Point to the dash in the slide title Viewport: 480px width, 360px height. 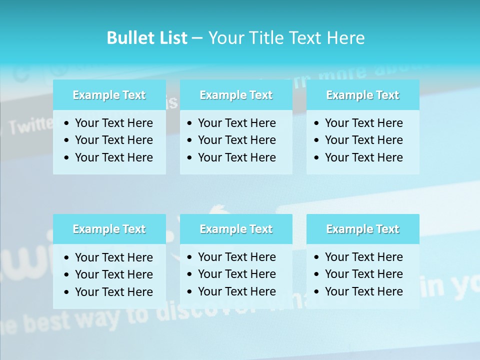click(x=197, y=38)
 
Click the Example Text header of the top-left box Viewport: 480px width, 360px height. click(x=109, y=95)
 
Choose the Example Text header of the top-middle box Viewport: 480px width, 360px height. click(x=236, y=95)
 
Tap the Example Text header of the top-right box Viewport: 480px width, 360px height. click(x=362, y=95)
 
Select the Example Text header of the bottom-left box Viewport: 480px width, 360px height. click(x=109, y=229)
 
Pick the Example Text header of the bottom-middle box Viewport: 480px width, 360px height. click(x=236, y=229)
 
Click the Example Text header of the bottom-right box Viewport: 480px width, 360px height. click(x=362, y=229)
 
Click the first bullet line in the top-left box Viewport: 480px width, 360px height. click(x=113, y=123)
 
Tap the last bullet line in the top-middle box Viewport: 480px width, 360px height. click(x=236, y=157)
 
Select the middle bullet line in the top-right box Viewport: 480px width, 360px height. click(x=363, y=140)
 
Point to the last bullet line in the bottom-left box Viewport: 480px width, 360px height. click(x=113, y=292)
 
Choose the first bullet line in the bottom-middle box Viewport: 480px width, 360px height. click(x=236, y=257)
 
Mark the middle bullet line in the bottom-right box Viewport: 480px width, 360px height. click(x=363, y=274)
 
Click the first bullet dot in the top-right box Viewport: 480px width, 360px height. click(x=316, y=123)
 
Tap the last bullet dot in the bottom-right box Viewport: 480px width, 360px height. click(x=316, y=292)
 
